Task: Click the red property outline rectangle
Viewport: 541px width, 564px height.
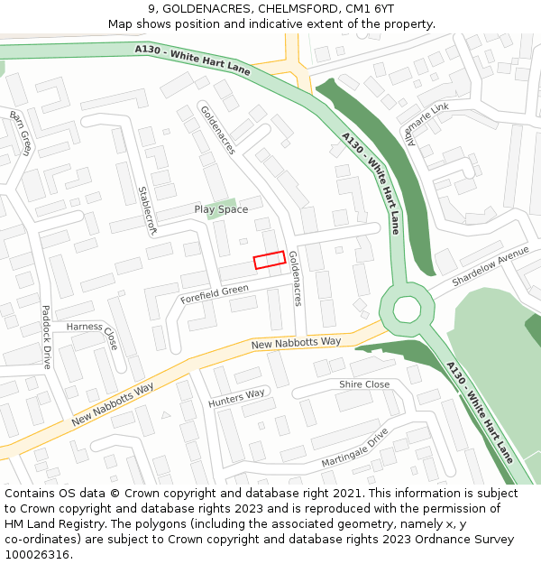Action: coord(270,260)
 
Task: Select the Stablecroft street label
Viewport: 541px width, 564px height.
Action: coord(147,210)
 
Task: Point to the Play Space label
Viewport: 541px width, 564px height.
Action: coord(221,210)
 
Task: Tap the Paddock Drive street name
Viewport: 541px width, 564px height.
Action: coord(45,337)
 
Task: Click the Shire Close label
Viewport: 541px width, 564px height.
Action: coord(364,384)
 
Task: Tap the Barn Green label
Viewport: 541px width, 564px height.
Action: coord(21,133)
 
